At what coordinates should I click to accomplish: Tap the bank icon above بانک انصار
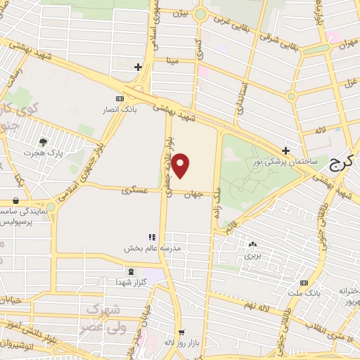point(120,98)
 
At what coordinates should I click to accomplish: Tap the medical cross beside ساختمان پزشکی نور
point(285,150)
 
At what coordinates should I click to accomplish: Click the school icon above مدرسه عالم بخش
point(150,238)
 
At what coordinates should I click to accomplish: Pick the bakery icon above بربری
point(252,245)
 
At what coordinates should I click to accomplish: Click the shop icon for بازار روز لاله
point(182,333)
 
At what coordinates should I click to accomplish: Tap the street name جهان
point(195,195)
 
